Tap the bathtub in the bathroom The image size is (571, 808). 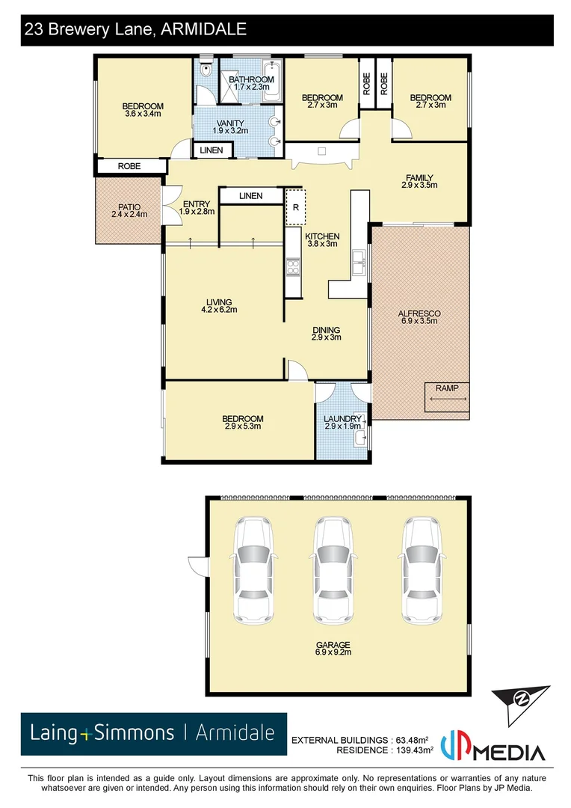click(x=270, y=82)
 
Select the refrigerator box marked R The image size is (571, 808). click(x=295, y=207)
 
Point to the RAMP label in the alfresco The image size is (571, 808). click(x=448, y=388)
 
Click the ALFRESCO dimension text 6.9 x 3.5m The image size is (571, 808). click(x=419, y=321)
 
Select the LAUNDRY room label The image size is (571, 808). click(x=343, y=419)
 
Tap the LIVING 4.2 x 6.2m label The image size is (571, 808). click(x=220, y=305)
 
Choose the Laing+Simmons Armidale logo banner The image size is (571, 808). click(x=153, y=733)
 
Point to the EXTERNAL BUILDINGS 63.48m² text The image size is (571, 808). click(x=364, y=740)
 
